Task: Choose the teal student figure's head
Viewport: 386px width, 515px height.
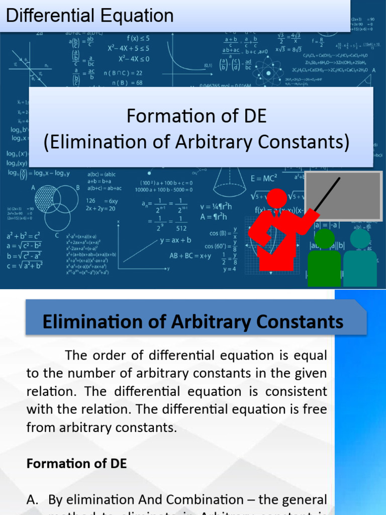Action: pos(360,238)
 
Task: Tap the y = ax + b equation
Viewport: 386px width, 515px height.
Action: pos(175,240)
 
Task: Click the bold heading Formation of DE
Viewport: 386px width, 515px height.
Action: pos(76,464)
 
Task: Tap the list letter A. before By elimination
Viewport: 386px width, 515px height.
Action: pos(33,499)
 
